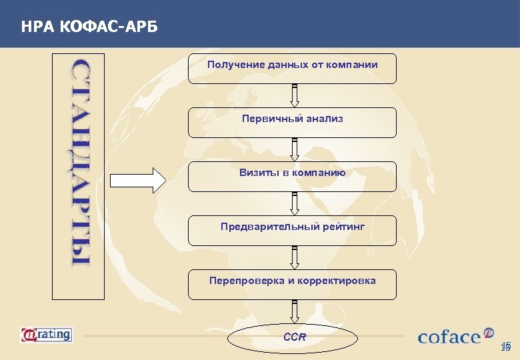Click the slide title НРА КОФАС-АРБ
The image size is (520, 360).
[90, 27]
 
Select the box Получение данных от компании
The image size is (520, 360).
[292, 69]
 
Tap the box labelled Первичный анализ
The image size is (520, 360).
[292, 123]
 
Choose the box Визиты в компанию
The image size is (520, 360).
[292, 177]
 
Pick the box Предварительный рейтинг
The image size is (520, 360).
[292, 231]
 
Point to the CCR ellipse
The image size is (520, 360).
[294, 338]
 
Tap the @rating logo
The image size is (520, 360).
[46, 333]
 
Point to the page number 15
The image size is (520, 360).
[505, 347]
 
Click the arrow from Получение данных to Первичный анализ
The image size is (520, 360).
[294, 95]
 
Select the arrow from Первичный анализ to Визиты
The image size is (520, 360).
[294, 149]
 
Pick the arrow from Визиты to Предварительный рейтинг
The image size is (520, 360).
[294, 203]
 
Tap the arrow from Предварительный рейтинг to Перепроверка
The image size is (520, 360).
[294, 257]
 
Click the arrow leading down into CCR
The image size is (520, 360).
[294, 311]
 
